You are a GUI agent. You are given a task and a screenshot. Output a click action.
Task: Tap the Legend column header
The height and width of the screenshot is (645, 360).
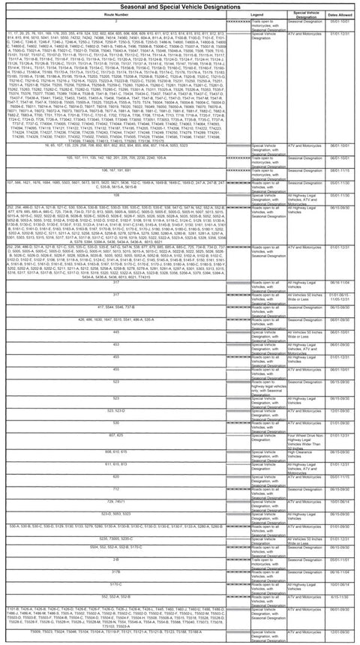click(x=256, y=14)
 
